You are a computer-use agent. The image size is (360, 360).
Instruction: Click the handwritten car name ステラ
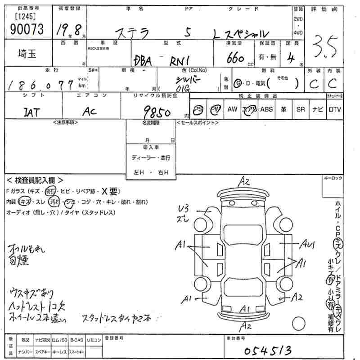(x=133, y=33)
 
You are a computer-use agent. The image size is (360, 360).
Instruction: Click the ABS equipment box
(x=266, y=109)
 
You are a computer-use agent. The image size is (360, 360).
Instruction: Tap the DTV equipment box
(x=334, y=109)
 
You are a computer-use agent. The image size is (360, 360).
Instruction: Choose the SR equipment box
(x=300, y=109)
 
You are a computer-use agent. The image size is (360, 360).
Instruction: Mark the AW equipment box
(x=232, y=109)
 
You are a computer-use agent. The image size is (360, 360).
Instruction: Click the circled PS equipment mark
(x=198, y=110)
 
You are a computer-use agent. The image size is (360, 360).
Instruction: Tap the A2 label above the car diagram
(x=244, y=182)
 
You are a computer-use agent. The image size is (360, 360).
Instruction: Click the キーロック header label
(x=333, y=179)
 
